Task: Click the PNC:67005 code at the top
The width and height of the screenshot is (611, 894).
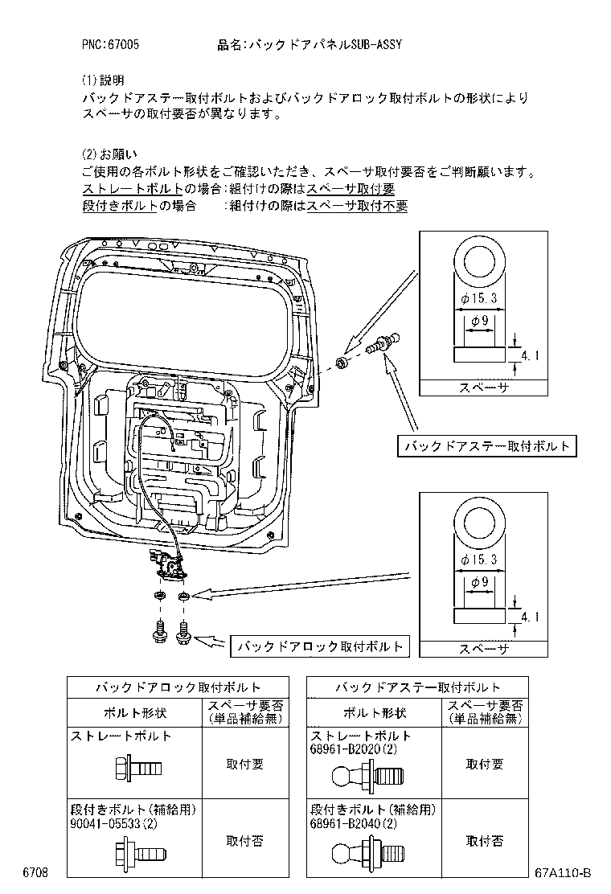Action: pyautogui.click(x=110, y=45)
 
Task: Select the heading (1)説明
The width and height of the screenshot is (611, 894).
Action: pyautogui.click(x=103, y=80)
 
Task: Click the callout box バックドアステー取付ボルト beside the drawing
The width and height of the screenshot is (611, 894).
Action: pyautogui.click(x=487, y=445)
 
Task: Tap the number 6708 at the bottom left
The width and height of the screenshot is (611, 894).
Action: pyautogui.click(x=36, y=873)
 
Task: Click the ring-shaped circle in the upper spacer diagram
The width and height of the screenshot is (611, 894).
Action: pyautogui.click(x=479, y=264)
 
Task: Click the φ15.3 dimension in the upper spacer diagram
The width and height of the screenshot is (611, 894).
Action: pyautogui.click(x=479, y=298)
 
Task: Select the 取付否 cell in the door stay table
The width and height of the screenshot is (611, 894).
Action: pyautogui.click(x=485, y=840)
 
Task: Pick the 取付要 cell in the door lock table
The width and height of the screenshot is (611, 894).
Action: pyautogui.click(x=244, y=764)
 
